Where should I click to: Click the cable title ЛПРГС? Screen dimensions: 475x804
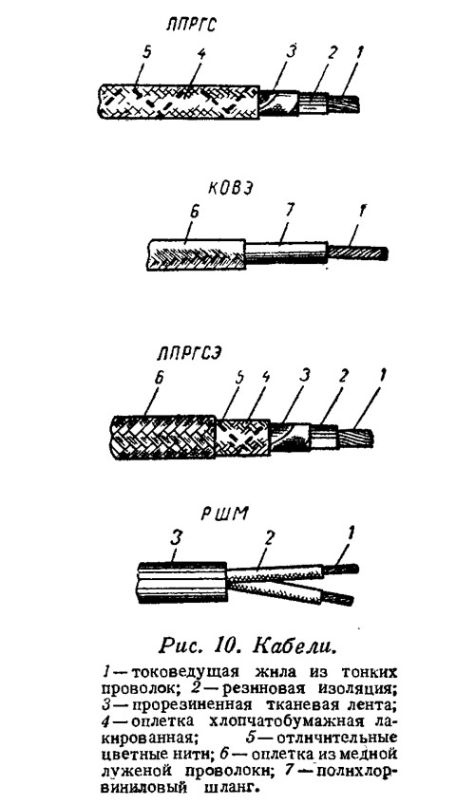(192, 24)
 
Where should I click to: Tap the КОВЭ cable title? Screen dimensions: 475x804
(231, 189)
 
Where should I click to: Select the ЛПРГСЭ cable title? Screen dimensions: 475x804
(189, 354)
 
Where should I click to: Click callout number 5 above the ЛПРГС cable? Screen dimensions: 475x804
(147, 53)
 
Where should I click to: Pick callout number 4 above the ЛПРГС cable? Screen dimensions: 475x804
(200, 54)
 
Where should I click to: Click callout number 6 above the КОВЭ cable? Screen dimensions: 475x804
(194, 214)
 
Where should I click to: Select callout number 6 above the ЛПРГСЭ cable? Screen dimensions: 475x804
(160, 379)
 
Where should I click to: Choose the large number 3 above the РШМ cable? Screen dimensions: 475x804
(176, 538)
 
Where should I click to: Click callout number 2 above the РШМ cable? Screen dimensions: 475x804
(268, 538)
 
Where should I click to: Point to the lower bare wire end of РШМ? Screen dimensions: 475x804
(338, 598)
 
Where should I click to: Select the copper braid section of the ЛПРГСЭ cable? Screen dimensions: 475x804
(163, 437)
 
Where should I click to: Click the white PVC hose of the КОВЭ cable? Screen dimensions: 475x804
(286, 252)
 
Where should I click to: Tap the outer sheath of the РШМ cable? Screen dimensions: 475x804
(181, 584)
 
